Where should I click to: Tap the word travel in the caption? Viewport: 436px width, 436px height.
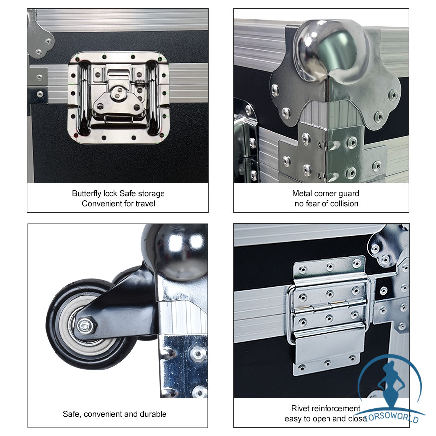point(145,204)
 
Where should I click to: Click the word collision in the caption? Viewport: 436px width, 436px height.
point(344,204)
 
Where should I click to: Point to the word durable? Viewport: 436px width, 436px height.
point(153,414)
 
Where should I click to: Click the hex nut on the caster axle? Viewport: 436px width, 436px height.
point(85,326)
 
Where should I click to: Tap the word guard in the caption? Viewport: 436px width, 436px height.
point(349,194)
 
